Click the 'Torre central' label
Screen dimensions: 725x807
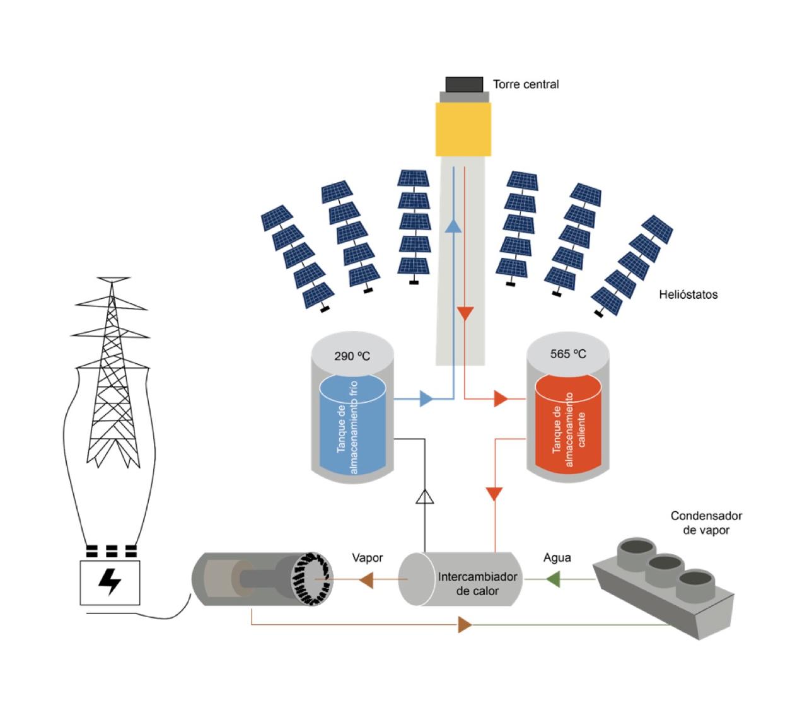(525, 84)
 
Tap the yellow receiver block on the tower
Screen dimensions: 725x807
(463, 129)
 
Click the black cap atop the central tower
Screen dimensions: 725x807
(464, 84)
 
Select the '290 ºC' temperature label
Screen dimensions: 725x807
(352, 356)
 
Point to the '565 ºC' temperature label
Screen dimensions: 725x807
(567, 354)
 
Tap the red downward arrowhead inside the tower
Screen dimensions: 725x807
(465, 313)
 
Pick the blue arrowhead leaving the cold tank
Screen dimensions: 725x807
(426, 398)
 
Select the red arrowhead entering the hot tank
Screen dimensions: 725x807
(501, 398)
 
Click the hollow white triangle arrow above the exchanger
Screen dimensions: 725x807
(425, 497)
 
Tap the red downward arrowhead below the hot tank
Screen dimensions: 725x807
(495, 494)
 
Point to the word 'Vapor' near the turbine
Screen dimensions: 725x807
(367, 558)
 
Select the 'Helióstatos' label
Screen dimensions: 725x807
(688, 294)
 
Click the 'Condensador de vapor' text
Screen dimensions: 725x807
(705, 523)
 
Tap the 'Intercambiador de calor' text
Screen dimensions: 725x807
(477, 584)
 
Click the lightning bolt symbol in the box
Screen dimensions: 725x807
(110, 583)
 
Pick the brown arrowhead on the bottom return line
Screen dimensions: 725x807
(465, 625)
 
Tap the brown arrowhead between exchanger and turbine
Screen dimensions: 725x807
(365, 579)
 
